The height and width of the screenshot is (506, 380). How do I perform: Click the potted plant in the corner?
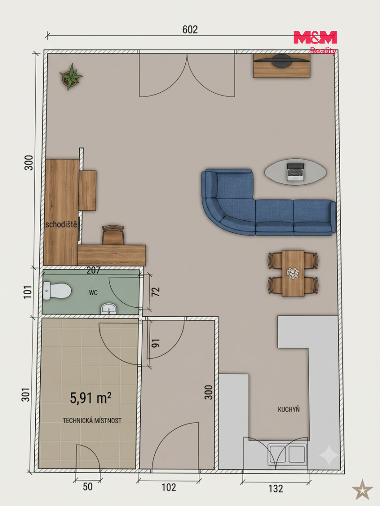(71, 77)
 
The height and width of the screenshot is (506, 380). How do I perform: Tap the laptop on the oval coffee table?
(296, 171)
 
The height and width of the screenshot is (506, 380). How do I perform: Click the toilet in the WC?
(57, 290)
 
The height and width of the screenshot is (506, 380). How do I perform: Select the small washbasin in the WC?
(109, 308)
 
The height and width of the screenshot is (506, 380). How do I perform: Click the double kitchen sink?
(287, 454)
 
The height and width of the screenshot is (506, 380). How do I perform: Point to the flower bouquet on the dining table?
(293, 273)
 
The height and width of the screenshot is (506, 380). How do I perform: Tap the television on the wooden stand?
(281, 60)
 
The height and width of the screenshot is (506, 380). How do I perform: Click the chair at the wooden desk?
(113, 235)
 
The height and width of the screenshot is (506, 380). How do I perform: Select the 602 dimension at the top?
(190, 30)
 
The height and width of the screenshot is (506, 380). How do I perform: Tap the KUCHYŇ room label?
(289, 409)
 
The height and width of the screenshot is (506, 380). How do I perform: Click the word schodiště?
(61, 224)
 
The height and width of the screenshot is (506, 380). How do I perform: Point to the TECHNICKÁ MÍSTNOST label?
(92, 420)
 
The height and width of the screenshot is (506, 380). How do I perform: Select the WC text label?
(93, 293)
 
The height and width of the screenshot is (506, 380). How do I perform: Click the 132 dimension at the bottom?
(276, 489)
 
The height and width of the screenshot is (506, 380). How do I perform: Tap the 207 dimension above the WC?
(93, 270)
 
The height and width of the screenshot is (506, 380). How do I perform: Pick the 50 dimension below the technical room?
(88, 487)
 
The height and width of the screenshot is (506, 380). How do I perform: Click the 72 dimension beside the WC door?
(156, 292)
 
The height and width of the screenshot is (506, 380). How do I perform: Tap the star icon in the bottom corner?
(362, 490)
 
